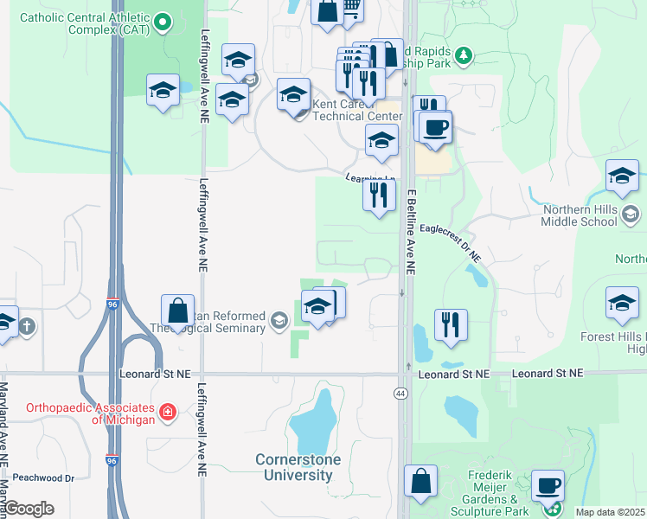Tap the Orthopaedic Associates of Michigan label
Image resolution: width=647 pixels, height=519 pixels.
pos(78,413)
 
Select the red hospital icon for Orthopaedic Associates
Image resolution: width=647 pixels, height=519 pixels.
pos(168,413)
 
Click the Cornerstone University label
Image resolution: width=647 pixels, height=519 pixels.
pos(298,467)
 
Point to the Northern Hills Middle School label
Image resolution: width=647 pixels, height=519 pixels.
pos(580,215)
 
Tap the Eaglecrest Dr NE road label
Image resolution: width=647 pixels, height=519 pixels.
pos(450,243)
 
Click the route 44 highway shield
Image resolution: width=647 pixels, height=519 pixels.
pos(401,393)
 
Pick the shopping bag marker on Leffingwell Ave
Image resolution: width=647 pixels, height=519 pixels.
pos(177,311)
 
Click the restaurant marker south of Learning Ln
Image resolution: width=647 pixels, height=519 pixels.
pos(379,194)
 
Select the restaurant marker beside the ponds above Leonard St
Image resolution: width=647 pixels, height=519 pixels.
pos(451,324)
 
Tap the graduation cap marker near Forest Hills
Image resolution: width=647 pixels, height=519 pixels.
pos(622,303)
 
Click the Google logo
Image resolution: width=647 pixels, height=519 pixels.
pos(29,509)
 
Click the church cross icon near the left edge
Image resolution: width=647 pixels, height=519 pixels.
pos(28,326)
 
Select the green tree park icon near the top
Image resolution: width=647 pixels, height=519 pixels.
pos(464,56)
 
